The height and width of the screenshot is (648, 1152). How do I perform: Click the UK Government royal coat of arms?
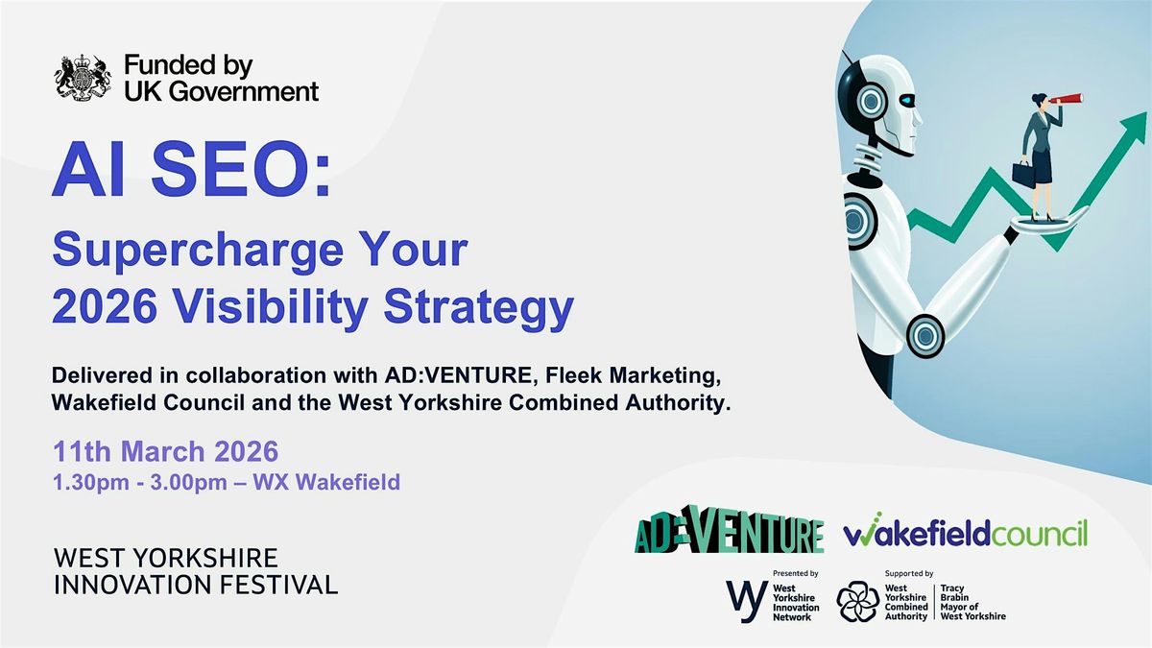83,78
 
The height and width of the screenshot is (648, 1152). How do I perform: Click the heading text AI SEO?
191,170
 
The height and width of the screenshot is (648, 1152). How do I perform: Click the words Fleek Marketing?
633,376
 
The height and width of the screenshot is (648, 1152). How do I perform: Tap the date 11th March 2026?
165,451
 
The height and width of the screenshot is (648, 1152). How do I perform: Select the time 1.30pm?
91,483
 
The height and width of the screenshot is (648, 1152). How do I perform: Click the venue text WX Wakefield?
326,482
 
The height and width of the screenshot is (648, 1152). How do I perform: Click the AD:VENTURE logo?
730,529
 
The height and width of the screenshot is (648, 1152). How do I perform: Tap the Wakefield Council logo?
966,530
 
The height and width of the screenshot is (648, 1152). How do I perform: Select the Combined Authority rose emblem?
858,601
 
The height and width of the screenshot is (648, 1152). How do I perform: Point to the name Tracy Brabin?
954,592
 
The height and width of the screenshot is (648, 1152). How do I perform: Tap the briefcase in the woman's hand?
1023,174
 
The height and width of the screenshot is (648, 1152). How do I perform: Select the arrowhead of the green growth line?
1134,129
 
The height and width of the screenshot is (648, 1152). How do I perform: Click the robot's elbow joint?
925,336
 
